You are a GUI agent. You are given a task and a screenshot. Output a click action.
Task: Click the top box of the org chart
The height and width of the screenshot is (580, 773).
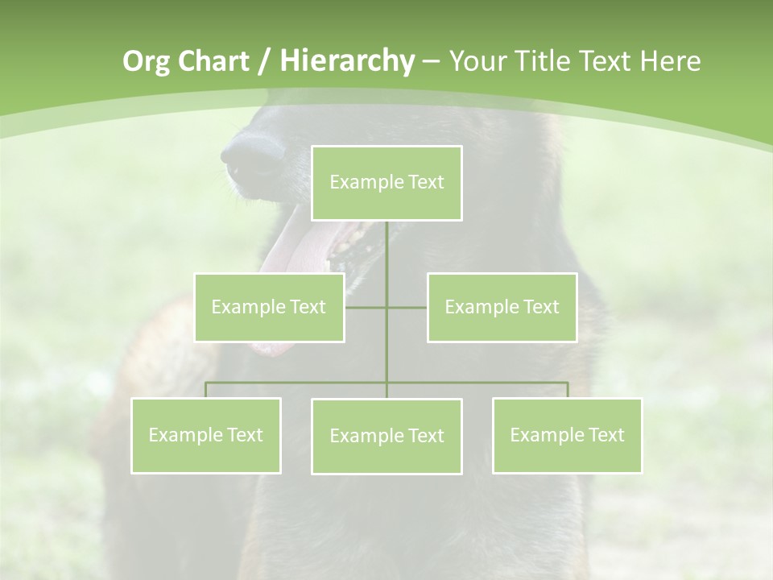(386, 183)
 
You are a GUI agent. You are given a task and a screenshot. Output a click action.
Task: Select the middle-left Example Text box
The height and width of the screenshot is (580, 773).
(269, 307)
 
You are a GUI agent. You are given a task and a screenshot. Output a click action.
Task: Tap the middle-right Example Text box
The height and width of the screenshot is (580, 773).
(502, 307)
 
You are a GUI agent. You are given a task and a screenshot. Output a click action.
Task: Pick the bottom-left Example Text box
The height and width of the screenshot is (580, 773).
(206, 435)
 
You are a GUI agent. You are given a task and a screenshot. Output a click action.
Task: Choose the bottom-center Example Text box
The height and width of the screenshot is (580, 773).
(386, 436)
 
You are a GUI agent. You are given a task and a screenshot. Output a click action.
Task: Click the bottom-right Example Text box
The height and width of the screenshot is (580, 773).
(567, 435)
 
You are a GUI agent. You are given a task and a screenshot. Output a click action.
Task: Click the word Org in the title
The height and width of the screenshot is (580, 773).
(146, 61)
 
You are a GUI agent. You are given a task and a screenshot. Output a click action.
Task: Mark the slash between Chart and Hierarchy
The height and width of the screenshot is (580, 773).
(263, 61)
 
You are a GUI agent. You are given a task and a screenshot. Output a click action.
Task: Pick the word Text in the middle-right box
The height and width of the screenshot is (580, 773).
(540, 307)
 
